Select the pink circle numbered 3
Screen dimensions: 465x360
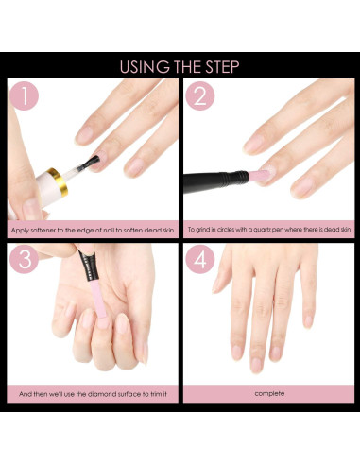pos(26,262)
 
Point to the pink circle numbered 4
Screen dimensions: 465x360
pos(199,262)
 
